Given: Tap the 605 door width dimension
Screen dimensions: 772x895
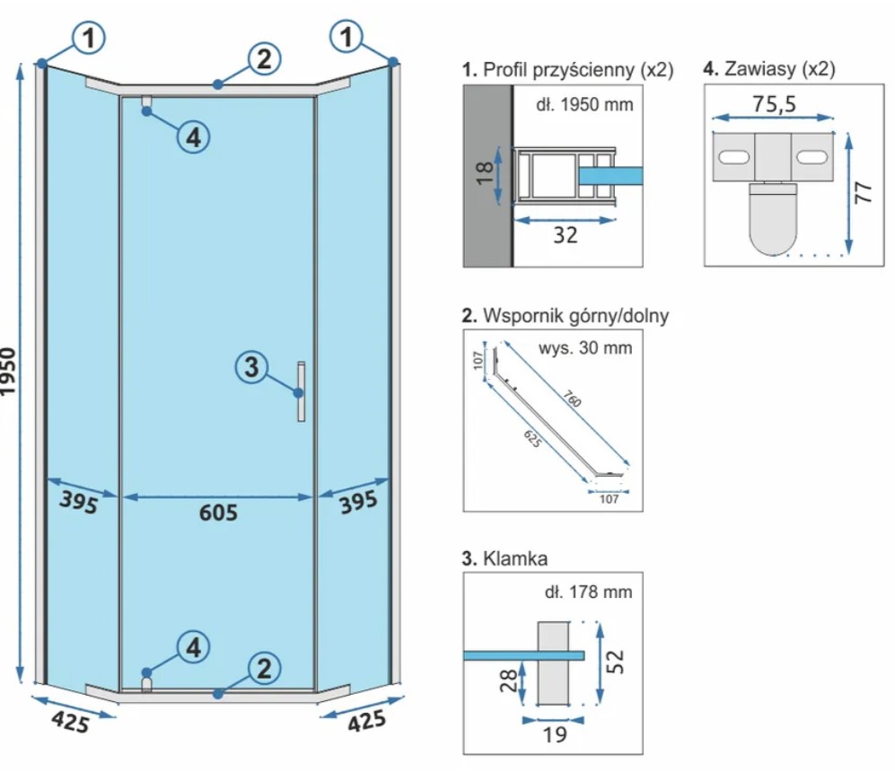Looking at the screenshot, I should point(218,513).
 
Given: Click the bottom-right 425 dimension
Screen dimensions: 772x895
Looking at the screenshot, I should point(365,720).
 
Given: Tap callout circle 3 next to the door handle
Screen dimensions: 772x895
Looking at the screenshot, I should point(252,366).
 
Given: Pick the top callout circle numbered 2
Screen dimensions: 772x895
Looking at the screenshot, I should point(262,59).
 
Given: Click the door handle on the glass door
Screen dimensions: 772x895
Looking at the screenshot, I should point(303,391).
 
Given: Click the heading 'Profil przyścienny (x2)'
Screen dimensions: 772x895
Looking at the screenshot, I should point(566,68).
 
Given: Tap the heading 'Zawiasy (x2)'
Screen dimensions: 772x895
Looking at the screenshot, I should point(769,68).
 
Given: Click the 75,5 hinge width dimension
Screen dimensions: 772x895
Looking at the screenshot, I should point(773,104).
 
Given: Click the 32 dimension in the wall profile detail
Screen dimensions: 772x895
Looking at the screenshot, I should point(565,235).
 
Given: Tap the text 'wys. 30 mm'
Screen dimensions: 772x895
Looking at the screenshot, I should point(584,347).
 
